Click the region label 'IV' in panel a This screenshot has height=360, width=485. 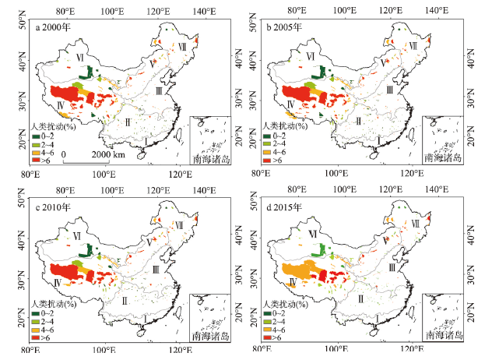pos(60,104)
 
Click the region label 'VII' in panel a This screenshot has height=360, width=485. pos(182,48)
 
